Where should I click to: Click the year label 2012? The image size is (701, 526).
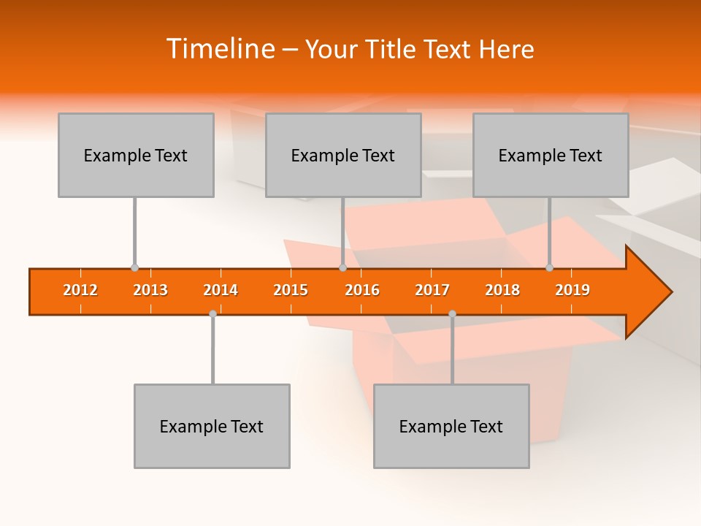click(x=80, y=290)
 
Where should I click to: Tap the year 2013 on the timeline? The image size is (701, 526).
click(x=150, y=290)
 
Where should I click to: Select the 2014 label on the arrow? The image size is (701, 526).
click(x=221, y=290)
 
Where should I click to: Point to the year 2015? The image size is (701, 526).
click(x=291, y=290)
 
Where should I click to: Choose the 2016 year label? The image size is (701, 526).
click(x=362, y=290)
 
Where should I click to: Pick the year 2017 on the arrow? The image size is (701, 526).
click(x=432, y=290)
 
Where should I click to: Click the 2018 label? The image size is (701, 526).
click(x=502, y=290)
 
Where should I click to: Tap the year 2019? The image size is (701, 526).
click(x=572, y=290)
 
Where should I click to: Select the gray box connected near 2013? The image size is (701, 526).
click(x=136, y=155)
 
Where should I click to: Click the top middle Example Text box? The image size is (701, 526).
click(x=343, y=155)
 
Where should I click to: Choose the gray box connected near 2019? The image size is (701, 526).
click(x=551, y=155)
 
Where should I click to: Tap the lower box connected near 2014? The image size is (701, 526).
click(x=212, y=426)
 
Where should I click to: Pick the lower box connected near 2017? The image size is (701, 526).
click(x=451, y=426)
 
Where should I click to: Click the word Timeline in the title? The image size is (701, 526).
click(x=219, y=49)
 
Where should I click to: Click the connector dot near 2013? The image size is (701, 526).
click(x=134, y=267)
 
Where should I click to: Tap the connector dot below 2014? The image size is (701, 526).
click(x=212, y=313)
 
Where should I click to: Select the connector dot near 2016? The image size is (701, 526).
click(x=342, y=267)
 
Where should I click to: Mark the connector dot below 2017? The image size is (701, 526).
click(x=452, y=313)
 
